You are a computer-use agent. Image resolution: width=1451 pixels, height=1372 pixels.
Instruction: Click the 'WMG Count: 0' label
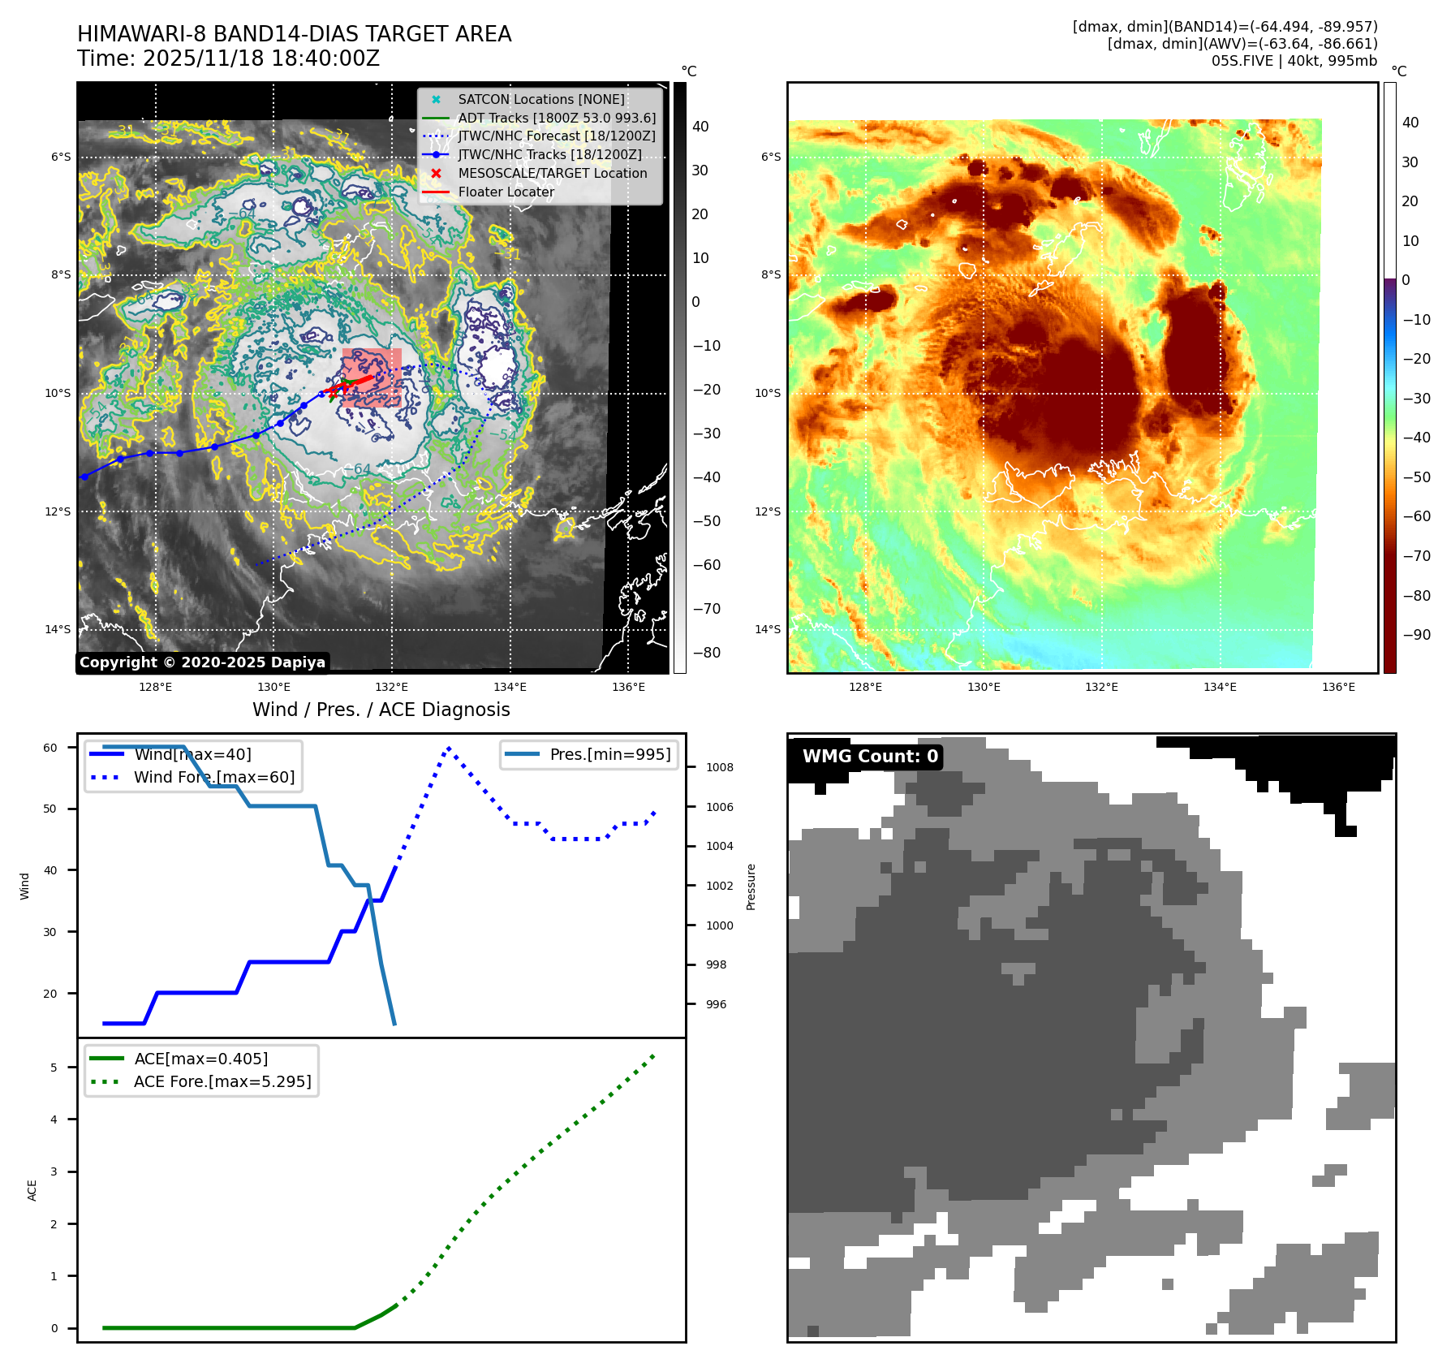pos(869,757)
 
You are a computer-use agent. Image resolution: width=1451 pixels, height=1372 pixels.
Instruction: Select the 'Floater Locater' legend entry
pos(506,192)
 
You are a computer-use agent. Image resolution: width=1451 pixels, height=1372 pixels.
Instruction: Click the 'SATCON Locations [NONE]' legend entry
pos(540,100)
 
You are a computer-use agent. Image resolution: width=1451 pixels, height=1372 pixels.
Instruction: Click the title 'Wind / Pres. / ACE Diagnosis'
pos(381,710)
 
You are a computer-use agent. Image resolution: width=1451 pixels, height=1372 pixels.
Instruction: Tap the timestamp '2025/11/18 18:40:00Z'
pos(260,58)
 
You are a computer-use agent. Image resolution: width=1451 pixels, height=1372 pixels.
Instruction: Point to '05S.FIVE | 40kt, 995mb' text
pos(1294,61)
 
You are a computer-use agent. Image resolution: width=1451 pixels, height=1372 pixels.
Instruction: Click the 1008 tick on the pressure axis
pos(719,767)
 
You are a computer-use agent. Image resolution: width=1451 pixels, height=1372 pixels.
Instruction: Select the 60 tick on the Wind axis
pos(50,748)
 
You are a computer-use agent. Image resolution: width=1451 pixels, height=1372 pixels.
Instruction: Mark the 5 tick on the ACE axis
pos(54,1068)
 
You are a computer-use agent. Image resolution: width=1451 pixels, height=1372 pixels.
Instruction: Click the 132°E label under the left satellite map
pos(391,688)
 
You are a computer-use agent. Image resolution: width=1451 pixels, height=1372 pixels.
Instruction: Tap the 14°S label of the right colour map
pos(767,629)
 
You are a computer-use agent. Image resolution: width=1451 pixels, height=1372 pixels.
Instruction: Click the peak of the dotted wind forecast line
pos(448,748)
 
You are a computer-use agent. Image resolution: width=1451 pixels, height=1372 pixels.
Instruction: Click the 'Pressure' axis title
pos(751,887)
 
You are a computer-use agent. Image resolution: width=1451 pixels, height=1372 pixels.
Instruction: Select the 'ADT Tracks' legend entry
pos(556,119)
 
